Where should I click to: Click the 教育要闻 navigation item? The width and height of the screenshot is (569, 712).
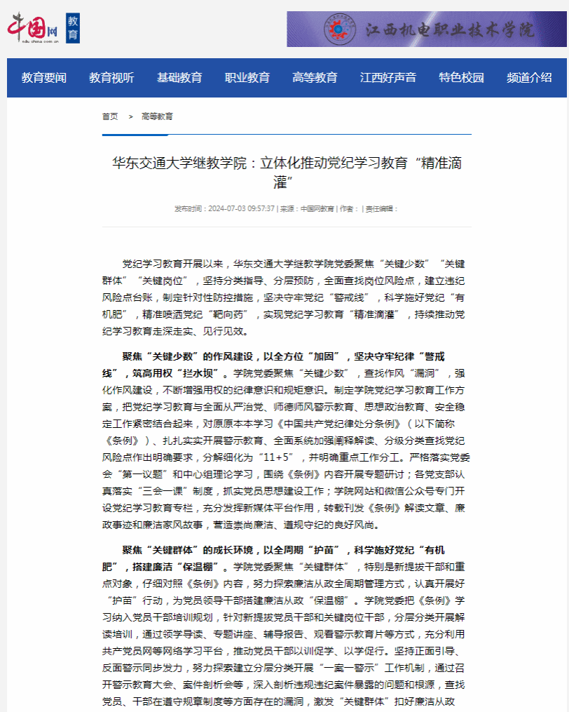44,78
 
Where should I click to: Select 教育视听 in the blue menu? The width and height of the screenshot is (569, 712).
111,78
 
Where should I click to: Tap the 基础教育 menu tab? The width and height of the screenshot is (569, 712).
179,78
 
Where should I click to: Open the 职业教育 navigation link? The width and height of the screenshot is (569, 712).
247,78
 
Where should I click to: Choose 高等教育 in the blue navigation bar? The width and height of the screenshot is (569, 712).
315,78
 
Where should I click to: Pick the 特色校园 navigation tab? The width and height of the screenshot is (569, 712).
461,78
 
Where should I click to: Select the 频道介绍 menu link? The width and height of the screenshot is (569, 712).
529,78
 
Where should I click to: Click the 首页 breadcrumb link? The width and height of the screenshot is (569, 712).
110,116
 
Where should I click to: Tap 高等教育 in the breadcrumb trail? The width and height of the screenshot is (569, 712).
157,116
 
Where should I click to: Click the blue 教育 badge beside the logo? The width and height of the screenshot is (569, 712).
73,28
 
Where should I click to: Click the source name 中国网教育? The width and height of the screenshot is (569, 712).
317,209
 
